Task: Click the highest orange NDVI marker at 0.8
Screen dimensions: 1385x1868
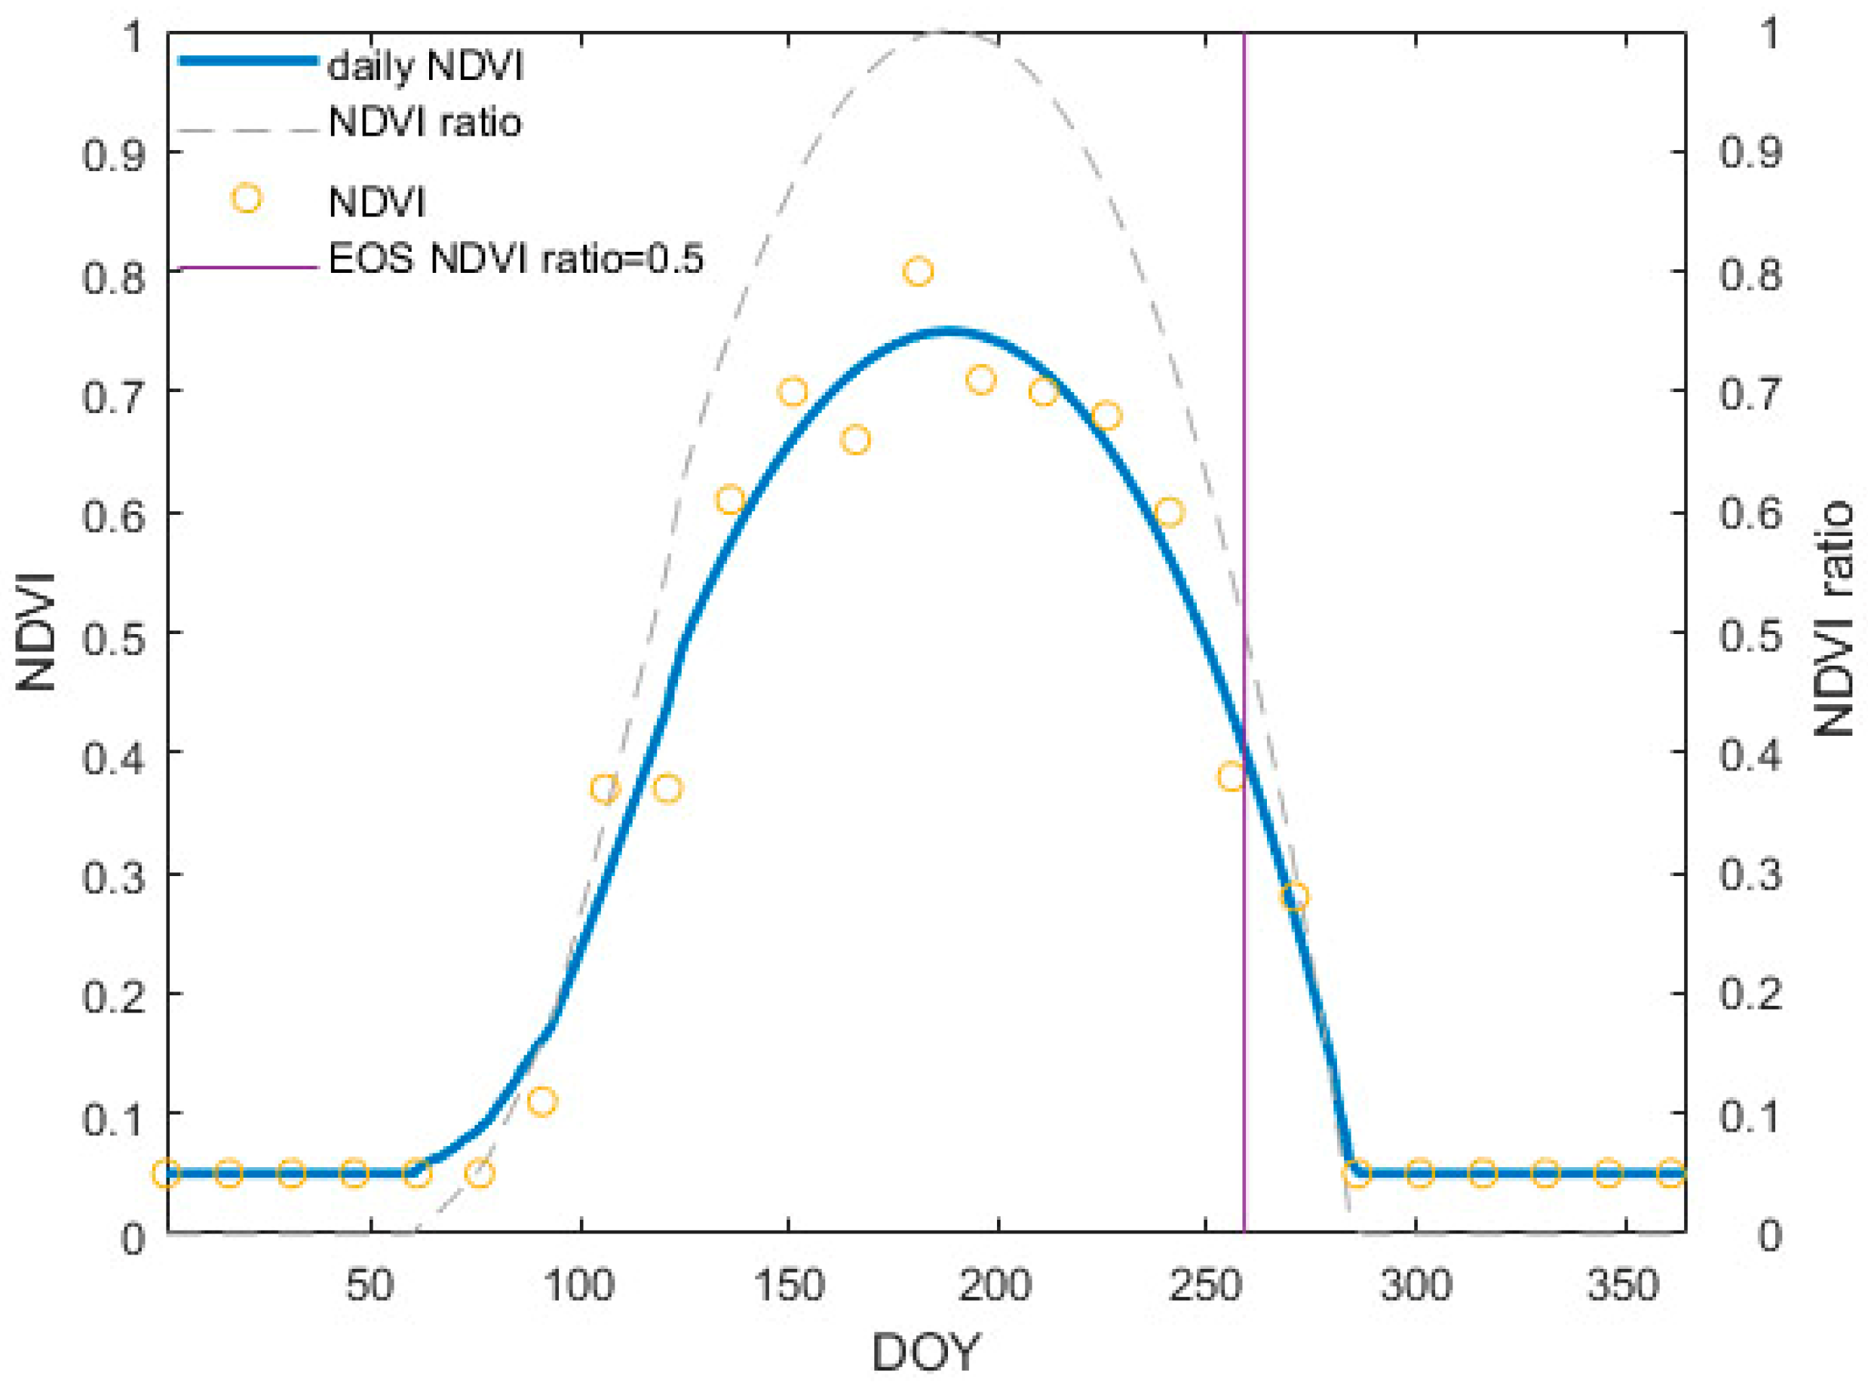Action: click(918, 271)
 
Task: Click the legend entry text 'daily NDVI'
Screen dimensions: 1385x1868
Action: click(425, 66)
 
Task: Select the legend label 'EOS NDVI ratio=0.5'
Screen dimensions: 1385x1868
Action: click(516, 259)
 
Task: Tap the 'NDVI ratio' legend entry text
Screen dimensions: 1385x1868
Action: click(425, 123)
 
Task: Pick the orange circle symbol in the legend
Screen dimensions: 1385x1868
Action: click(247, 200)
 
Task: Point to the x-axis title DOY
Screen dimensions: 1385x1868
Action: click(925, 1352)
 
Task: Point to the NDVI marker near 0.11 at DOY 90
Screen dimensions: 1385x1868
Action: click(542, 1101)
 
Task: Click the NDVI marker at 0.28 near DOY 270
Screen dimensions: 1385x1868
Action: click(1295, 897)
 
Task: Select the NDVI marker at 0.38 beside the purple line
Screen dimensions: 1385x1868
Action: click(1231, 777)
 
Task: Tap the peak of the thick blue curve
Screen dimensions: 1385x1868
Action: click(947, 332)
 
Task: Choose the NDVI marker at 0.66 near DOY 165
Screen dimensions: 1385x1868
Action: click(855, 440)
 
